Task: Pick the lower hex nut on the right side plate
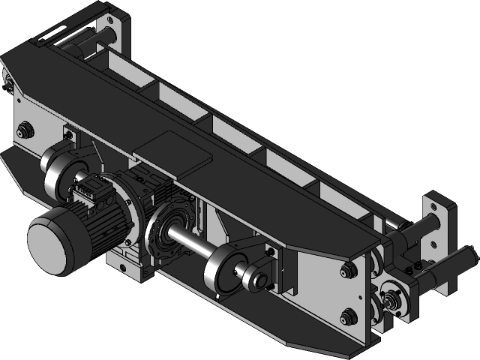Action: click(348, 316)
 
